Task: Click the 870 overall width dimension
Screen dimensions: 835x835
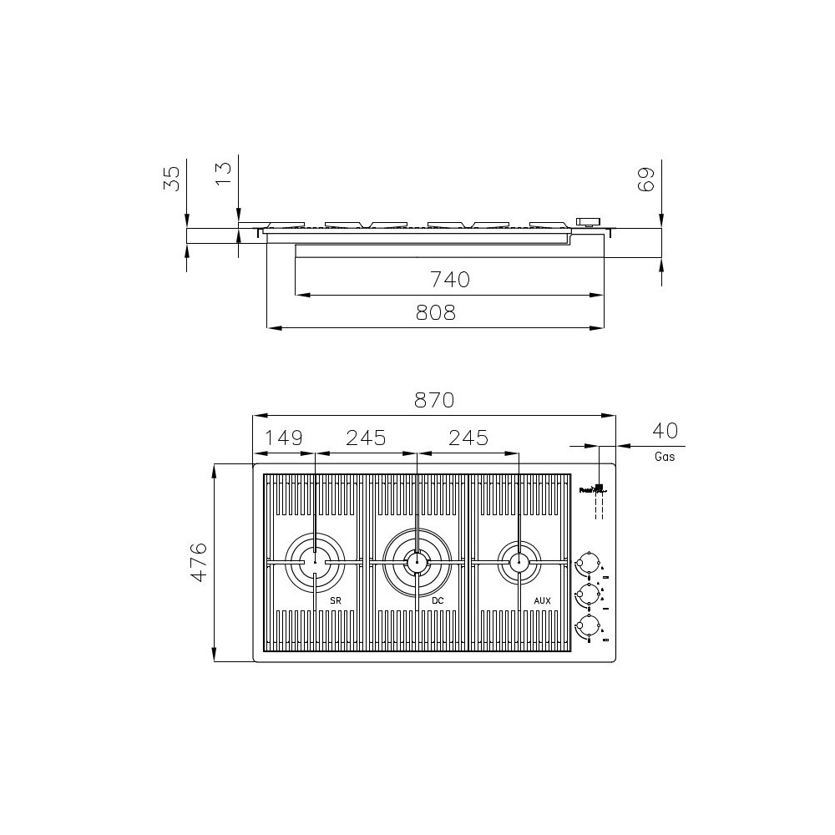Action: (x=434, y=401)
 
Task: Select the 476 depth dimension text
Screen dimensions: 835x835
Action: (x=197, y=561)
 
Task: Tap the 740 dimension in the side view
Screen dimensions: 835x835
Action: (x=450, y=280)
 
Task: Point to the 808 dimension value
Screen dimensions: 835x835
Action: (x=436, y=313)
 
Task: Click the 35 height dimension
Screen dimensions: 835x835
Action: (x=172, y=179)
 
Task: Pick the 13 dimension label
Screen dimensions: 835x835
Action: (x=223, y=173)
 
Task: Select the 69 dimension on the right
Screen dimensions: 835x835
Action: (x=645, y=179)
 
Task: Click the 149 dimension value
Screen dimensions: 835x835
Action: (x=284, y=438)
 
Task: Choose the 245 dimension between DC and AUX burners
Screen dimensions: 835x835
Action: (x=468, y=438)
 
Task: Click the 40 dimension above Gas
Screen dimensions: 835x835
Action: (x=665, y=431)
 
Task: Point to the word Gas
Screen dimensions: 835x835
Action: (x=665, y=457)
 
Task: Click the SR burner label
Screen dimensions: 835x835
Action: (x=335, y=600)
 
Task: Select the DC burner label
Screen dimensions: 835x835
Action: (x=438, y=600)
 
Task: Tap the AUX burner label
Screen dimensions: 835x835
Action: (x=541, y=600)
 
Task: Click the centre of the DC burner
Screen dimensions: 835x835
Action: (x=417, y=562)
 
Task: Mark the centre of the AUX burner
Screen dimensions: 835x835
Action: (x=519, y=562)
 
